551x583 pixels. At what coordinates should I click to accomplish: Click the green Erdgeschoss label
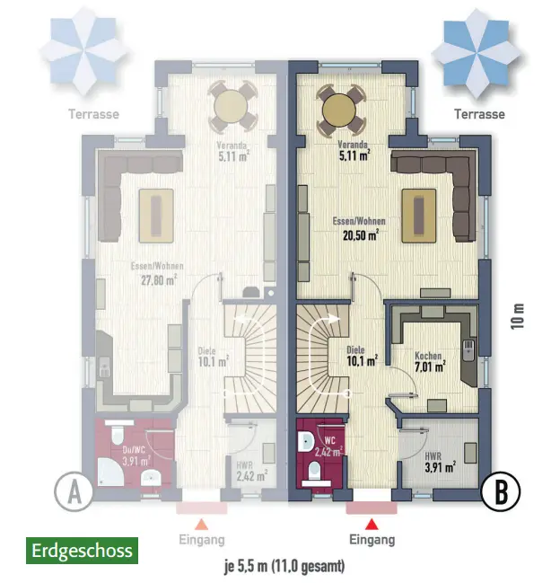pyautogui.click(x=83, y=550)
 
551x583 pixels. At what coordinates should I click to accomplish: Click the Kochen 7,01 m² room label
pyautogui.click(x=427, y=361)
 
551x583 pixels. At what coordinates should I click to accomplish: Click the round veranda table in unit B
pyautogui.click(x=342, y=109)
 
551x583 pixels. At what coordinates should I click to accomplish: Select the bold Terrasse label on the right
pyautogui.click(x=479, y=114)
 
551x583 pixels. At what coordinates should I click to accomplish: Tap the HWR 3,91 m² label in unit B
pyautogui.click(x=440, y=461)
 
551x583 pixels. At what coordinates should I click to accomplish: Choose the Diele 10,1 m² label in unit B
pyautogui.click(x=360, y=356)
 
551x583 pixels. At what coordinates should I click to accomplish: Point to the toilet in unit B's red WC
pyautogui.click(x=314, y=470)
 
